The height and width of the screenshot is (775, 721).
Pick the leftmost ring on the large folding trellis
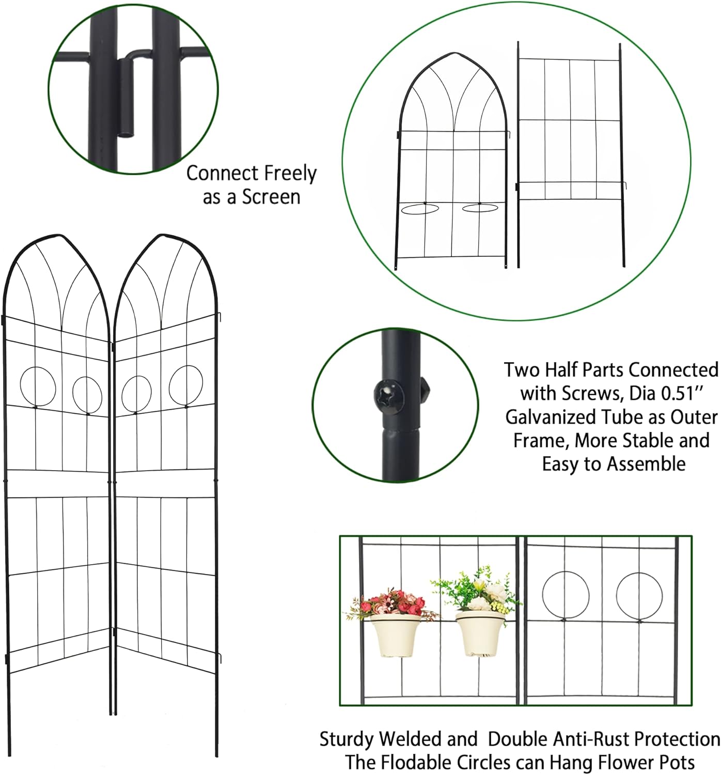(x=38, y=386)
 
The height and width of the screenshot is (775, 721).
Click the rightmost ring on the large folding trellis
(x=186, y=385)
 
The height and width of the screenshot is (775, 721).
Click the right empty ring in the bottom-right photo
(x=639, y=595)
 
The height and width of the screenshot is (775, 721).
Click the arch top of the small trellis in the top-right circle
(x=454, y=53)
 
